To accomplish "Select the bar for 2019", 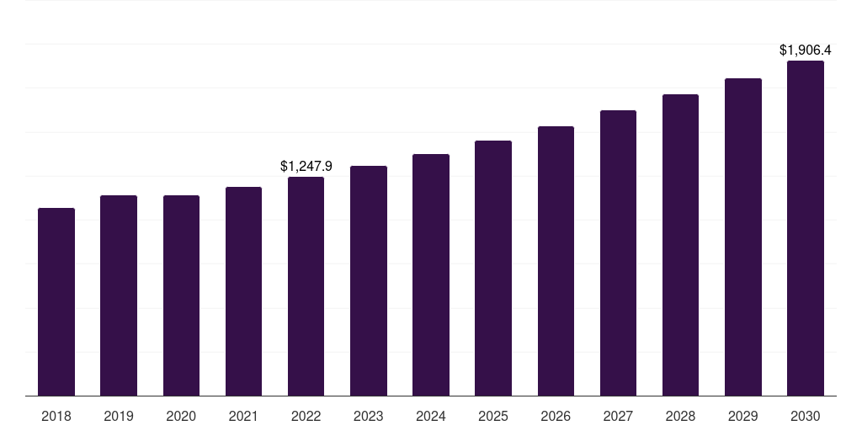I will tap(119, 295).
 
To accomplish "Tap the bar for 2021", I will tap(243, 291).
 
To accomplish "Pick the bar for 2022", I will tap(306, 286).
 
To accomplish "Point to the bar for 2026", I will tap(556, 261).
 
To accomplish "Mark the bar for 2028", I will tap(680, 245).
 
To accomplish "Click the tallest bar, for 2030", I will tap(806, 228).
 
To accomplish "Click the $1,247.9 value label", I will tap(306, 167).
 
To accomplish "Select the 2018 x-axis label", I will tap(56, 416).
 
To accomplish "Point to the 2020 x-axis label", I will tap(181, 416).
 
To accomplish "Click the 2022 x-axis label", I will tap(306, 416).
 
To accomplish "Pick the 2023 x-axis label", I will tap(369, 416).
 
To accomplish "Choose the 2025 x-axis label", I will tap(493, 416).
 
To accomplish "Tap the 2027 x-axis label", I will tap(618, 416).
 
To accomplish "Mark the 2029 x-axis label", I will tap(742, 416).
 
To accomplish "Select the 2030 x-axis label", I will tap(806, 416).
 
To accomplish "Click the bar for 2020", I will tap(181, 295).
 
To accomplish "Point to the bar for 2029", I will tap(742, 237).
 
